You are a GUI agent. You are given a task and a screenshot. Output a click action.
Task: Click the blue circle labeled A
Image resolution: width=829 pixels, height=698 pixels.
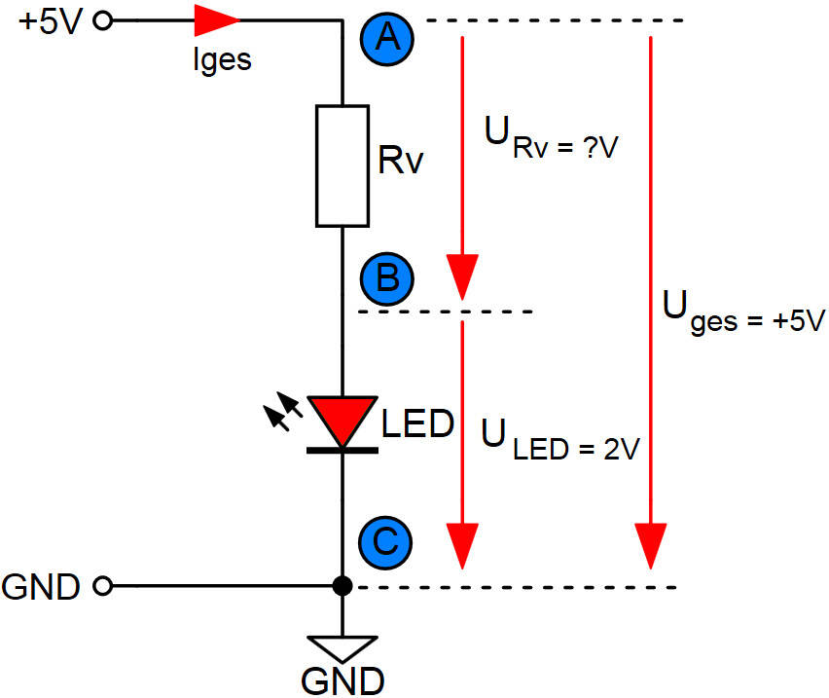tap(388, 39)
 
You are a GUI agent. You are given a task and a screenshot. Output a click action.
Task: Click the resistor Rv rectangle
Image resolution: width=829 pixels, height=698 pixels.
tap(342, 165)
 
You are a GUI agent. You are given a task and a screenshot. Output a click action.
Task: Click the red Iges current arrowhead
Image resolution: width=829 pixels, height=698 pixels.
tap(216, 19)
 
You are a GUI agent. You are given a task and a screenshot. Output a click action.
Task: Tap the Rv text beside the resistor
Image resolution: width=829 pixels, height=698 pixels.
tap(401, 161)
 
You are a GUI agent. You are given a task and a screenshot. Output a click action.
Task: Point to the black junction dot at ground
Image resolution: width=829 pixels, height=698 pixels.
tap(342, 586)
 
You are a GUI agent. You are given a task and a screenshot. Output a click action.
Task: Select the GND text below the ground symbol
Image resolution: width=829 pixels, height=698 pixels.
tap(342, 680)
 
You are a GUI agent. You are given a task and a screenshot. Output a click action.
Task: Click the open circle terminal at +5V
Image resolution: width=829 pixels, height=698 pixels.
tap(106, 19)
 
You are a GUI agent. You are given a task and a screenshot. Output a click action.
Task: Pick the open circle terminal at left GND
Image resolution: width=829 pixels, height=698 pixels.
tap(105, 586)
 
